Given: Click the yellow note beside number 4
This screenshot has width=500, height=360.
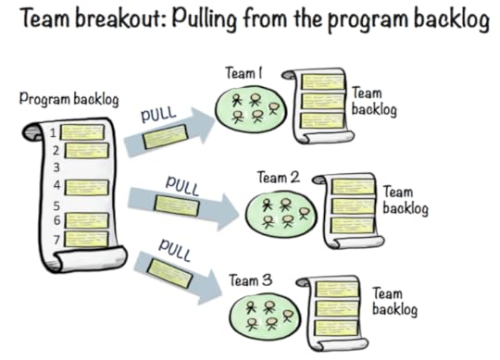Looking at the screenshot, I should coord(86,187).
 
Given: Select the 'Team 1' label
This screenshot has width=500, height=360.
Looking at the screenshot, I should coord(244,71).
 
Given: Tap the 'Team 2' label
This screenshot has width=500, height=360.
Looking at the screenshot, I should coord(278,177).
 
